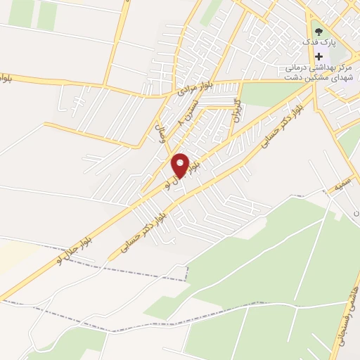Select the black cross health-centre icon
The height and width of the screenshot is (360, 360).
[320, 56]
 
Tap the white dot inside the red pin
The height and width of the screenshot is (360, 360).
[180, 163]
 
